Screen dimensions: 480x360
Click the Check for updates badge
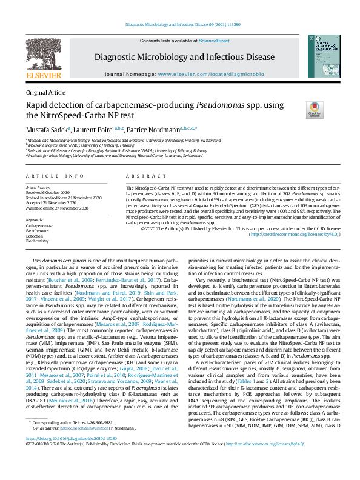coord(315,109)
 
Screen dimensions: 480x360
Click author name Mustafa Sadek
coord(47,128)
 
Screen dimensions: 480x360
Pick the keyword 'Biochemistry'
coord(38,241)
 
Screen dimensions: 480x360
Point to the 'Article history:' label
coord(38,188)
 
